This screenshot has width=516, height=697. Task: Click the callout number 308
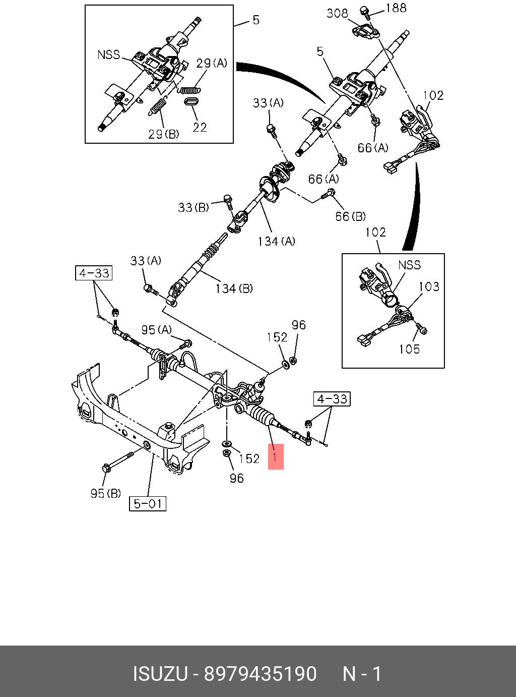pos(337,13)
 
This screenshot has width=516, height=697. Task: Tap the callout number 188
pos(396,8)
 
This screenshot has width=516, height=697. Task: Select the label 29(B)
pos(163,134)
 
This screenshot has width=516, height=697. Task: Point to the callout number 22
pos(200,127)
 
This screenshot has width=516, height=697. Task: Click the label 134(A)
pos(276,241)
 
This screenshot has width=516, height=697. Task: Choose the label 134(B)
pos(234,288)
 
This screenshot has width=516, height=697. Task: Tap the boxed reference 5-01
pos(148,503)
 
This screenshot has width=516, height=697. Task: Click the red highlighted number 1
pos(275,457)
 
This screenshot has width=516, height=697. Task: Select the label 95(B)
pos(105,493)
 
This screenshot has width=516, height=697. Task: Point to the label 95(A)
pos(156,330)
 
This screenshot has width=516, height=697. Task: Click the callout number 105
pos(409,349)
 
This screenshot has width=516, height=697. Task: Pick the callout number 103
pos(429,286)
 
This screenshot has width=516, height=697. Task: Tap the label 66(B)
pos(350,216)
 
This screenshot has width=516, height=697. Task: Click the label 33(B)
pos(193,207)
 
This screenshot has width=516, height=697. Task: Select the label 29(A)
pos(212,63)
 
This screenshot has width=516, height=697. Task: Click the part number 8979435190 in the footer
pos(260,674)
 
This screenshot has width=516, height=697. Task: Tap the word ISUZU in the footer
pos(160,674)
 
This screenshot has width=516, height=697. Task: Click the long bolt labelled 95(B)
pos(119,461)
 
